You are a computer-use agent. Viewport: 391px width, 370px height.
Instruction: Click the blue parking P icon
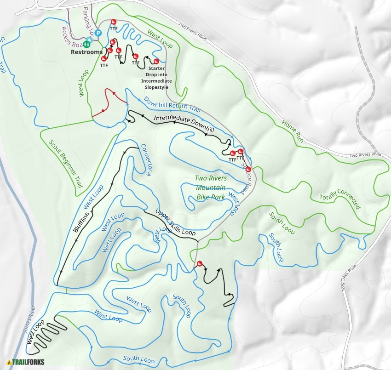point(98,33)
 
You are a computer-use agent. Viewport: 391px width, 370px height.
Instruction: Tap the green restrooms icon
point(87,45)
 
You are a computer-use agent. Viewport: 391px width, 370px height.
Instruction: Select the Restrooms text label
point(86,52)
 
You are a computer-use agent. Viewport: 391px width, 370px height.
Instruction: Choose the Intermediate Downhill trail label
point(184,124)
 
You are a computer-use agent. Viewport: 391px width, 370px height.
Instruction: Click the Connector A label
point(146,159)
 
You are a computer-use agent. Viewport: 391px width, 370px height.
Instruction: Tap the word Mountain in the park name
point(211,188)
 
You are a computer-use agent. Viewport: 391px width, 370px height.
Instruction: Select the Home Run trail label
point(293,130)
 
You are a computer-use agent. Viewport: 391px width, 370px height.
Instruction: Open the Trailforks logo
point(26,362)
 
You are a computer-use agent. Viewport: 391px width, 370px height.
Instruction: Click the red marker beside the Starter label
point(156,61)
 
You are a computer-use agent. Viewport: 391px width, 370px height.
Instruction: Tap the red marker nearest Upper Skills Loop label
point(200,263)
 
